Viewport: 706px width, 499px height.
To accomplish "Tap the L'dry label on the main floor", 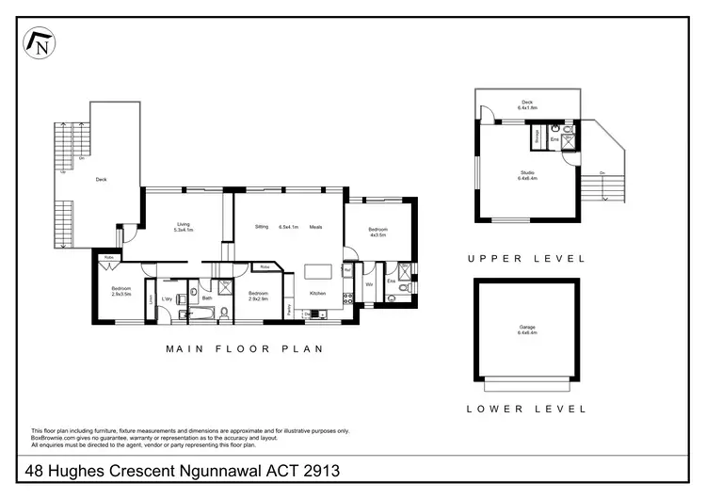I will pos(167,299).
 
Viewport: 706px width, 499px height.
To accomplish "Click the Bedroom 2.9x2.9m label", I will pos(258,295).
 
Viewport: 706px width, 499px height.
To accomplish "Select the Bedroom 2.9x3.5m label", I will pos(121,291).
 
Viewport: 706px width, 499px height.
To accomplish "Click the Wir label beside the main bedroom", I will pos(369,282).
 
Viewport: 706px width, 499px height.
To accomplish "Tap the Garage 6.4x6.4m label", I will pos(526,330).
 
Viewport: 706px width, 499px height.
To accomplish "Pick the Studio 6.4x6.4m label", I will pos(526,175).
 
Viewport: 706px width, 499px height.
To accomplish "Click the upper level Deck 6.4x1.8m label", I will pos(526,105).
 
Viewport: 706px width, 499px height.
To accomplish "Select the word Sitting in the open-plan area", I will pos(264,226).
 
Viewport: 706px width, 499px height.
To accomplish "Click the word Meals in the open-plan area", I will pos(316,226).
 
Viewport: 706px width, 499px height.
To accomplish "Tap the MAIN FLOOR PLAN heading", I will pos(245,348).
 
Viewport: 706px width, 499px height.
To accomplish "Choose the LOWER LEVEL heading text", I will pos(526,409).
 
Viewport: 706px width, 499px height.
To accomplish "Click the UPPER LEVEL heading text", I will pos(526,257).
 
